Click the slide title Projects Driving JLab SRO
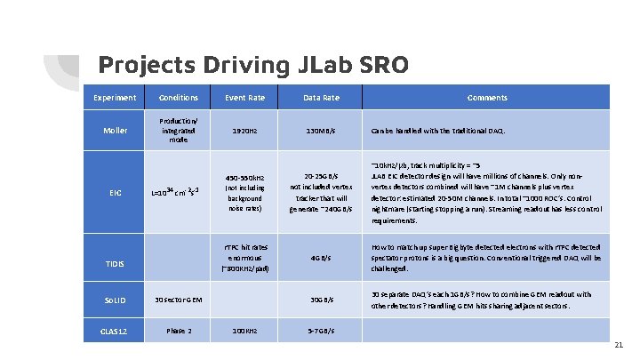[x=253, y=65]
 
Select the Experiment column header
[x=115, y=98]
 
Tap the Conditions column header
[x=179, y=98]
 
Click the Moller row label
[x=115, y=131]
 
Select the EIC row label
[x=115, y=192]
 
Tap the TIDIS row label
[x=115, y=264]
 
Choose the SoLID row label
[x=115, y=300]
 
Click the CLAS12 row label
[x=115, y=332]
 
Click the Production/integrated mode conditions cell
[x=179, y=130]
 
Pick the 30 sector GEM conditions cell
[x=180, y=300]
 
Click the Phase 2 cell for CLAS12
[x=179, y=332]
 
